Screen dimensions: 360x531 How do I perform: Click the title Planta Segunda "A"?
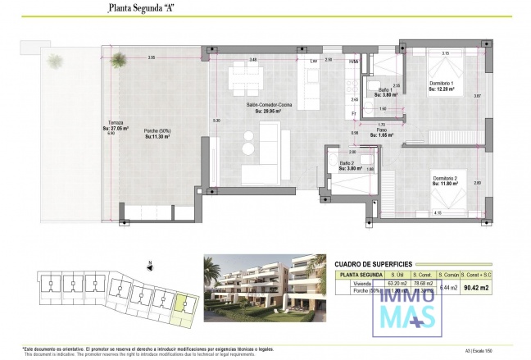coord(143,10)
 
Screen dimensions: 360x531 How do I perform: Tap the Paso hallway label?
coord(381,131)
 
